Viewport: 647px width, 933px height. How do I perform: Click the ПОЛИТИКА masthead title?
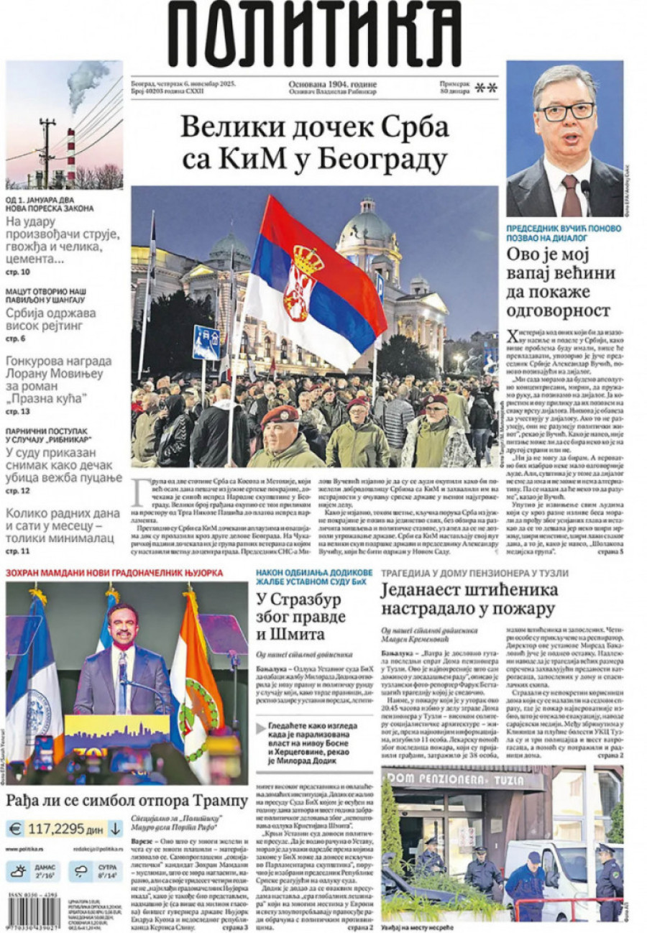314,34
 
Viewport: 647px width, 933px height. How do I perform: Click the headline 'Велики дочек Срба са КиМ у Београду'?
314,143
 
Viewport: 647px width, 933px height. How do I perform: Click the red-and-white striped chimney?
71,154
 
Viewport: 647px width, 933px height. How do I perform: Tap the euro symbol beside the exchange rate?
15,829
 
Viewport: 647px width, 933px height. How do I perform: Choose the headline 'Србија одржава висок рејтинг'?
51,321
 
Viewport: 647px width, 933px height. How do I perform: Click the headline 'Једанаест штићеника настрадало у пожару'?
469,599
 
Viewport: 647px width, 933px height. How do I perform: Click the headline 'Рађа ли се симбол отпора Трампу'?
127,800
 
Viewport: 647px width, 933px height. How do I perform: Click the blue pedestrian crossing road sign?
206,344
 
